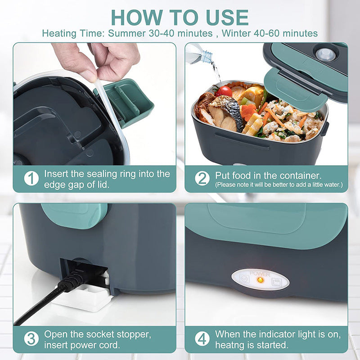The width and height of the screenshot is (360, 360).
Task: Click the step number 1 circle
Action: coord(31,179)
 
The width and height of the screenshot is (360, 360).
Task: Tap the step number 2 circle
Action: coord(202,179)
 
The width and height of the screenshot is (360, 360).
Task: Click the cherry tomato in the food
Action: coord(224,91)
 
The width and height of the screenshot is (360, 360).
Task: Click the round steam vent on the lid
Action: coord(325,54)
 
